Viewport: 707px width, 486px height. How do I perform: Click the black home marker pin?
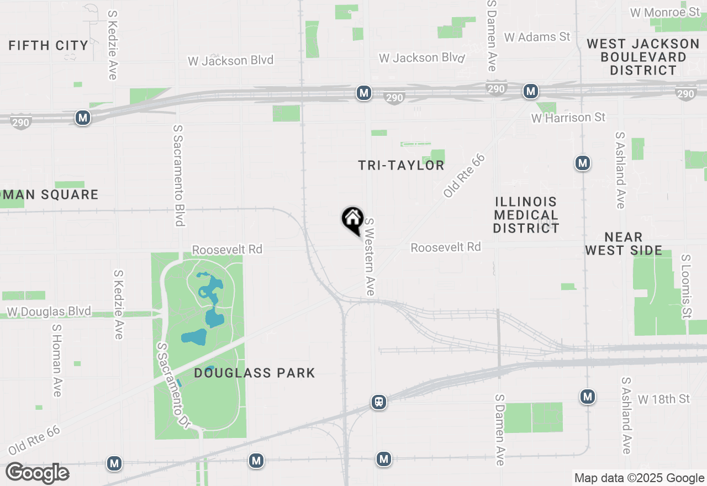click(x=352, y=219)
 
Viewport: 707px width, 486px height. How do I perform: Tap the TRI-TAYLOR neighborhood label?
click(x=401, y=166)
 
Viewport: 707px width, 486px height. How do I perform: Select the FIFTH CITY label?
click(x=49, y=46)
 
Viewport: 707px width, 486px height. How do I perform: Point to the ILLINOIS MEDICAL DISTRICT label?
click(x=526, y=215)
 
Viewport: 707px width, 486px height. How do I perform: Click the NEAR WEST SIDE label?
click(x=624, y=244)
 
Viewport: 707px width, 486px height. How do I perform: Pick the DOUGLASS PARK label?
click(x=255, y=373)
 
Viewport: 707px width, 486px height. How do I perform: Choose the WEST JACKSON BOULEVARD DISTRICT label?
click(x=643, y=57)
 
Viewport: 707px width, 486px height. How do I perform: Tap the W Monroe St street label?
click(x=666, y=12)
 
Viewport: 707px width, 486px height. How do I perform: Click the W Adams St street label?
click(x=537, y=37)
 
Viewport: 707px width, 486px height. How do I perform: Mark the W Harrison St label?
click(x=568, y=118)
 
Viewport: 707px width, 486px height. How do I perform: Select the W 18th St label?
click(x=664, y=399)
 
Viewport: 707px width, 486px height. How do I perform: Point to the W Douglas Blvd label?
click(x=49, y=311)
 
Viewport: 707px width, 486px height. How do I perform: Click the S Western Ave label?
click(x=370, y=256)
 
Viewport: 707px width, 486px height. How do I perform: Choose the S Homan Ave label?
click(x=57, y=360)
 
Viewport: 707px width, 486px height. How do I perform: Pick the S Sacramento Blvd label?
click(x=178, y=175)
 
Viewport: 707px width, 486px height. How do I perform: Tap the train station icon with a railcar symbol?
click(x=378, y=402)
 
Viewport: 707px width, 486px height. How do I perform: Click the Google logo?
click(x=38, y=473)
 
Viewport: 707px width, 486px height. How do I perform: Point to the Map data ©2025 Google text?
click(x=639, y=478)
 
